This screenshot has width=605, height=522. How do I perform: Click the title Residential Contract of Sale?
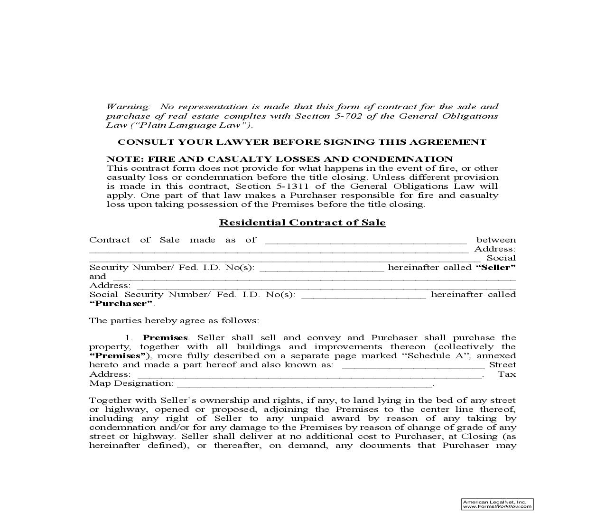[x=302, y=223]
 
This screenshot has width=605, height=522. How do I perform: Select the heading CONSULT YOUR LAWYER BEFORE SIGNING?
[x=302, y=142]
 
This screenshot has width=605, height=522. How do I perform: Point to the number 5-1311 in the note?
[x=298, y=186]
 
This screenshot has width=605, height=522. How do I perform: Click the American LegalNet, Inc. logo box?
[x=497, y=504]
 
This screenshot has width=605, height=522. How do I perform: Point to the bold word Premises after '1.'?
[x=165, y=338]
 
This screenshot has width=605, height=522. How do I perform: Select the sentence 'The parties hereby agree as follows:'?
[x=174, y=321]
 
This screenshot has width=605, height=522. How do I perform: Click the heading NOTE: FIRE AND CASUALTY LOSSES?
[x=279, y=159]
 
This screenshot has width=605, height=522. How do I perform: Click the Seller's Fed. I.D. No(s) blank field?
[x=322, y=269]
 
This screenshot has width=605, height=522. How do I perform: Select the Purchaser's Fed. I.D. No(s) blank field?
[x=363, y=296]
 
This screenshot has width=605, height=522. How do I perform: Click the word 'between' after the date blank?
[x=496, y=240]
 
